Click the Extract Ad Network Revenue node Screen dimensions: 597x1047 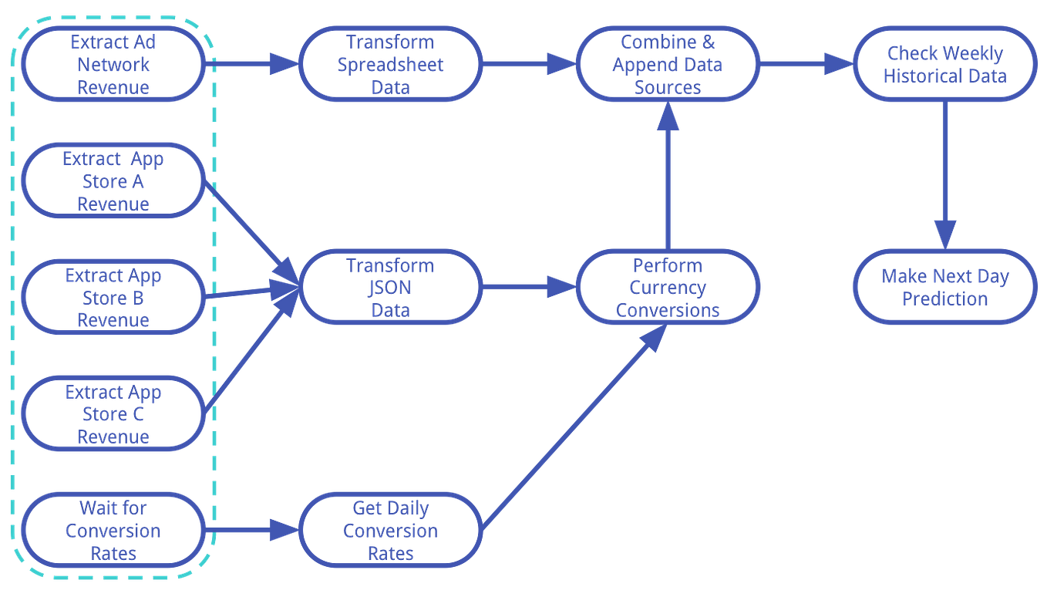coord(113,64)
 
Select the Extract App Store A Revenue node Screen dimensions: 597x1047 coord(113,181)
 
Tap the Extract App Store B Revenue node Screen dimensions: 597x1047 coord(113,298)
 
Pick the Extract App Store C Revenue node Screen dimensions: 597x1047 coord(113,414)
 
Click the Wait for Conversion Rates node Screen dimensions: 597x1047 coord(113,531)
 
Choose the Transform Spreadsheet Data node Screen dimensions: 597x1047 coord(390,64)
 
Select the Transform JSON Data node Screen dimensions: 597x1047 coord(390,288)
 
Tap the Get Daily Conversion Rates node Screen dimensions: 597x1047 coord(390,531)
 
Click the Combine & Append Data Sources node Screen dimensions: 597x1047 coord(668,64)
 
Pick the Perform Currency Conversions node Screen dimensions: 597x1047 coord(668,288)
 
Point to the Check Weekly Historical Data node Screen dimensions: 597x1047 coord(944,64)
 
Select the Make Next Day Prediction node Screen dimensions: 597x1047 coord(944,288)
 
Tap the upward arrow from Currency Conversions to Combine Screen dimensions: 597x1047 coord(668,177)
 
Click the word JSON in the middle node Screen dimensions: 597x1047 coord(390,288)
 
